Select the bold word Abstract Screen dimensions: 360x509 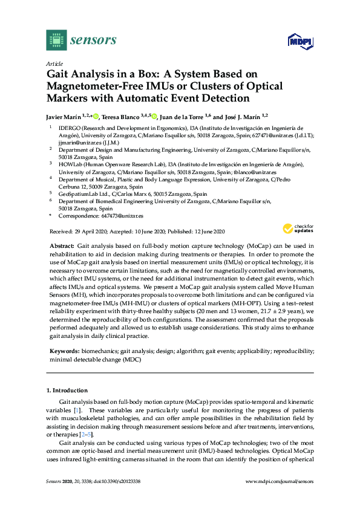tap(59, 247)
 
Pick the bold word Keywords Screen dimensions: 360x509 tap(62, 351)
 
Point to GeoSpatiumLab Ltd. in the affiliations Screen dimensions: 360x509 tap(80, 194)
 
